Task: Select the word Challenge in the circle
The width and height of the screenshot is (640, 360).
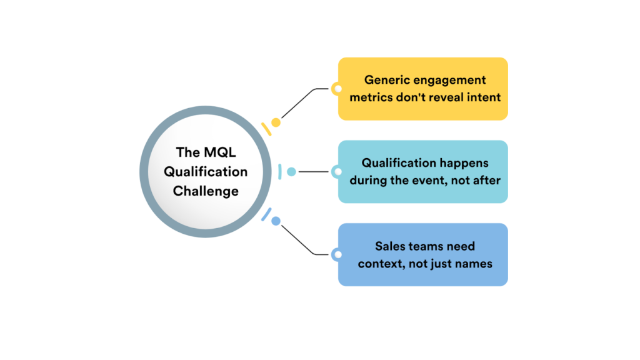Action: point(206,191)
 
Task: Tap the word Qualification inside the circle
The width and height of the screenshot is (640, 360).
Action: point(206,172)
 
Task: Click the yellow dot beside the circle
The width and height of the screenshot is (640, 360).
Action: point(276,122)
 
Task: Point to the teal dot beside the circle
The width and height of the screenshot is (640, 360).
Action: point(291,171)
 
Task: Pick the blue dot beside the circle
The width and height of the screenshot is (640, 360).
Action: point(276,221)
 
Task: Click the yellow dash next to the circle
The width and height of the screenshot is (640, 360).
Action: point(266,129)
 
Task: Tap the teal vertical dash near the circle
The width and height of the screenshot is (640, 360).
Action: point(280,171)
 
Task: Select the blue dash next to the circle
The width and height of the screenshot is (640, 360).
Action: point(266,214)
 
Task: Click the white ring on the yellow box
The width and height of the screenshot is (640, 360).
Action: point(337,89)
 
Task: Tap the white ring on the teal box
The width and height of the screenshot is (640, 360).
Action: point(337,171)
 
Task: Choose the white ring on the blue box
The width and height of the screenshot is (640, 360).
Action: point(337,254)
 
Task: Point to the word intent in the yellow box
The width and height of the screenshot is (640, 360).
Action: point(484,97)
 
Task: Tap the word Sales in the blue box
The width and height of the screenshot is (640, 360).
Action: point(391,246)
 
